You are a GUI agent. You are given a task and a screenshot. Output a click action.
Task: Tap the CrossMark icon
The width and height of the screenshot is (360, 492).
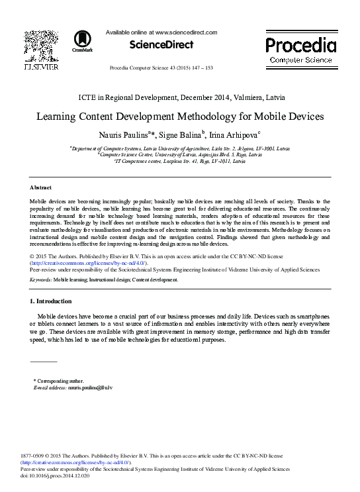coord(83,40)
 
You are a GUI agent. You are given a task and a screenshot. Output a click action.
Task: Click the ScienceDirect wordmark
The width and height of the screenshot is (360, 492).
coord(161,45)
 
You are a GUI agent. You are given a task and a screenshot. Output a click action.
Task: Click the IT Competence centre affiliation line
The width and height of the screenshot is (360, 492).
coord(180,161)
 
